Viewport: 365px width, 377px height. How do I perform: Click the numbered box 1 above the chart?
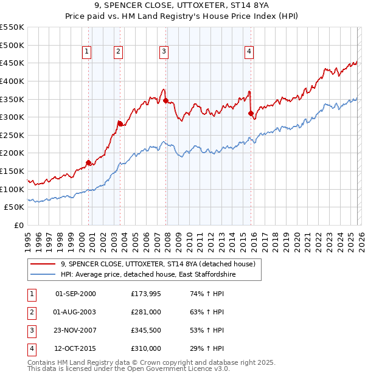coord(87,52)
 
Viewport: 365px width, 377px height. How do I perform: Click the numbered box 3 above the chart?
coord(164,52)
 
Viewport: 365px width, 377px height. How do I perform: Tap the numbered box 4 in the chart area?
coord(249,52)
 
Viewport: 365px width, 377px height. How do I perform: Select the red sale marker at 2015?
coord(251,113)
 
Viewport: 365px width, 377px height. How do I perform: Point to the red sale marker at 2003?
coord(120,123)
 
